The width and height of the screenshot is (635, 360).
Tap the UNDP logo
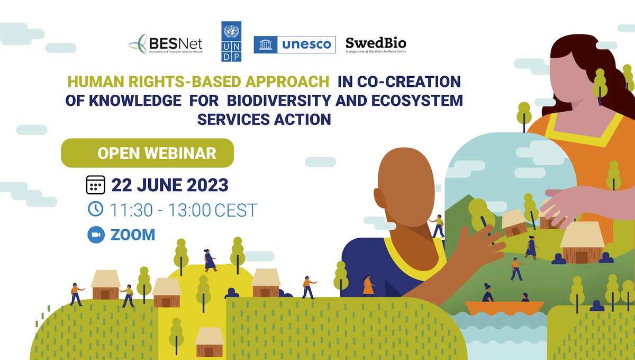point(231,42)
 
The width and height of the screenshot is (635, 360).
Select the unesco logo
point(295,44)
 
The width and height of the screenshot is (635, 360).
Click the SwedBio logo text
point(376,43)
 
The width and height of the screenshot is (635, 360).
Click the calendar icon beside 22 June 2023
point(96,185)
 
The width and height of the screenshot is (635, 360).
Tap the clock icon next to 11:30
point(96,210)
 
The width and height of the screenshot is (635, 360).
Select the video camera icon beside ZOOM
point(96,235)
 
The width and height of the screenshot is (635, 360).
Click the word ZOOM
point(133,235)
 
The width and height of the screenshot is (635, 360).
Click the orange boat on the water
point(503,308)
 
